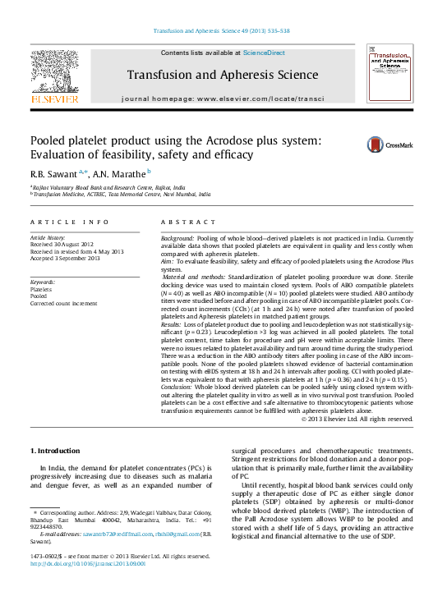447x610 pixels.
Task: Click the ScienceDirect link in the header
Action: point(265,53)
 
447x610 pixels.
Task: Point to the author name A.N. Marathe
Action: point(121,173)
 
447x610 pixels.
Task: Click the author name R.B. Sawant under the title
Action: point(54,173)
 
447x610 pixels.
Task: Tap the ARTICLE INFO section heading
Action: point(69,222)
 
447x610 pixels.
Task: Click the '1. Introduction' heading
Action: point(55,451)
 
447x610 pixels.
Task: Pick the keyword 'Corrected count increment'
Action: point(65,303)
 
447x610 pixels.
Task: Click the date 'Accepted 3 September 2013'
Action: point(65,259)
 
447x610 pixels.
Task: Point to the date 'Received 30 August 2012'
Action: point(62,244)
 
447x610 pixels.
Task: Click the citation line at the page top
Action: point(222,32)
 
